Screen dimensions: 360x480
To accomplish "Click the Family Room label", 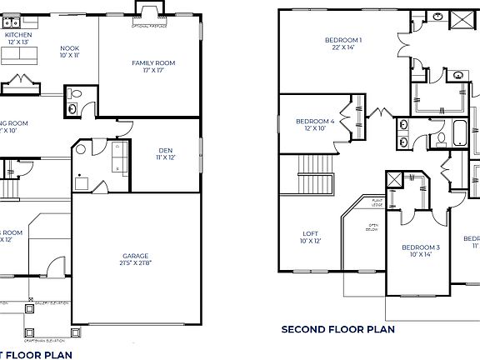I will (x=153, y=63).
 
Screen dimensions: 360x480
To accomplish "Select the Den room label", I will (x=165, y=151).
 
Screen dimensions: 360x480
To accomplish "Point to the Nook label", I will (x=70, y=48).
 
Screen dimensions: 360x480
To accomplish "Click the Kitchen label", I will (x=18, y=36).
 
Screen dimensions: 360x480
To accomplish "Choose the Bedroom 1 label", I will (x=343, y=40).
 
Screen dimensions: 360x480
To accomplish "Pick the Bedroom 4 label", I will (x=315, y=122).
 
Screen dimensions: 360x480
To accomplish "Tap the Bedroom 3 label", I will (x=420, y=247).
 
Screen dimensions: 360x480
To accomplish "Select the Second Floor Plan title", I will (x=337, y=329).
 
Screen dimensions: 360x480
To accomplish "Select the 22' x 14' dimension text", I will (x=343, y=47).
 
